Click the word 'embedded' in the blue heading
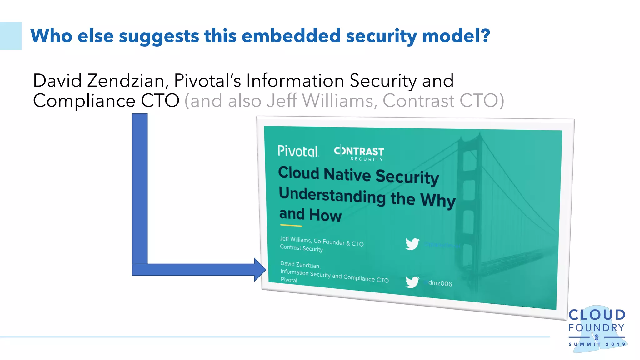tap(291, 36)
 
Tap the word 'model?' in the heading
tap(456, 36)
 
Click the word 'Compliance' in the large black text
tap(84, 101)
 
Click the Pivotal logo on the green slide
tap(297, 151)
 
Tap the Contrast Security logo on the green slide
tap(359, 153)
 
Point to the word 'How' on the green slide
tap(325, 215)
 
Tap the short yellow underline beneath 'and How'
tap(291, 225)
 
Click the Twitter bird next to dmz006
tap(412, 282)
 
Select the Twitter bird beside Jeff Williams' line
tap(412, 244)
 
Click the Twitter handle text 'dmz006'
tap(440, 283)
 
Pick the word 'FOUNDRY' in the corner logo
tap(596, 328)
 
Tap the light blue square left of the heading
tap(11, 36)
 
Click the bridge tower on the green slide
tap(469, 187)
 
